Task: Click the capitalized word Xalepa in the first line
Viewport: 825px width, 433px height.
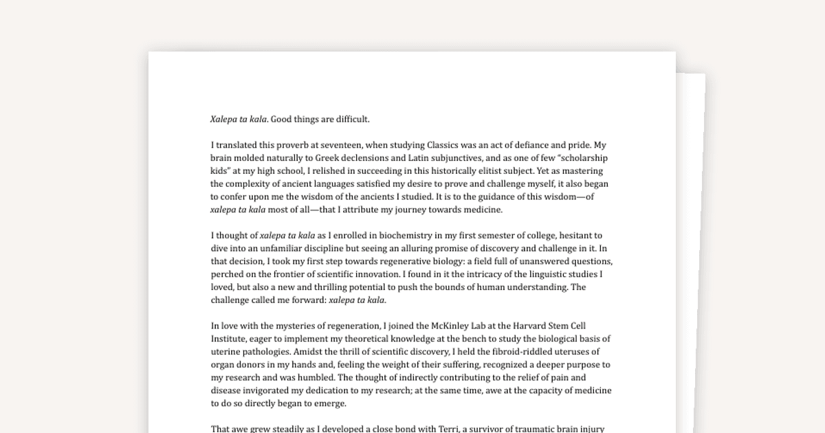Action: tap(224, 119)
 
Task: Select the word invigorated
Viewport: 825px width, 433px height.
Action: tap(273, 391)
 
